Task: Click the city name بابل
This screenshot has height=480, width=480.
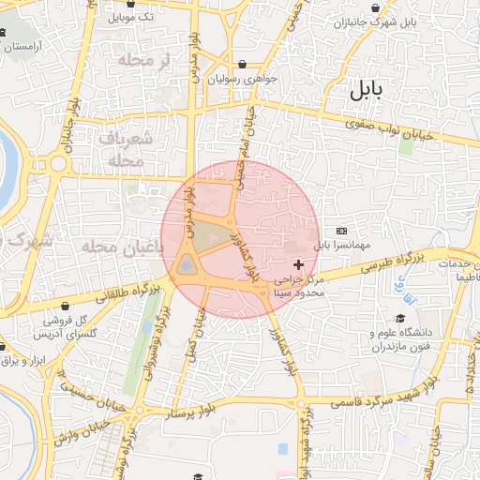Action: click(367, 91)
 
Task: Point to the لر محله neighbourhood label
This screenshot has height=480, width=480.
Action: click(143, 59)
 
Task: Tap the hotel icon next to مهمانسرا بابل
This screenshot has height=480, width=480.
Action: click(341, 231)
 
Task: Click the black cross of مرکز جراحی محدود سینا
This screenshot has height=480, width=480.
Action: click(299, 265)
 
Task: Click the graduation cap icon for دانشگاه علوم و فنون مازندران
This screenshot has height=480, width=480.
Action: click(401, 319)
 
